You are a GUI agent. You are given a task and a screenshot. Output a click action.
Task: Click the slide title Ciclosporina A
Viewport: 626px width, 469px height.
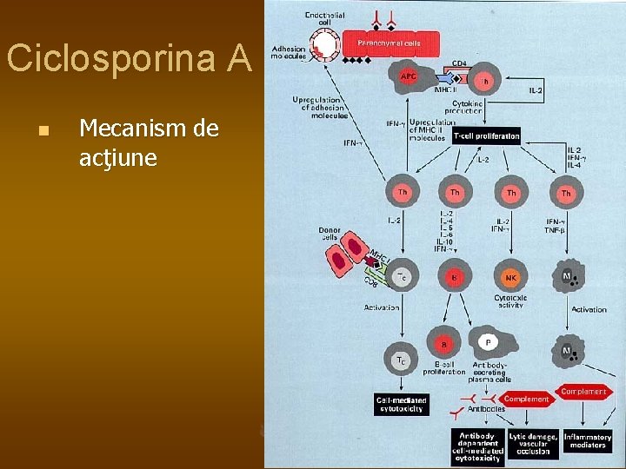[129, 59]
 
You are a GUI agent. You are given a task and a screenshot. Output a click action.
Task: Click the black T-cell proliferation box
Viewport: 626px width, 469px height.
[485, 135]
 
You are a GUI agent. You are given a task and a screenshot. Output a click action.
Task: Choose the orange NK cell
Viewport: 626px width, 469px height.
[511, 278]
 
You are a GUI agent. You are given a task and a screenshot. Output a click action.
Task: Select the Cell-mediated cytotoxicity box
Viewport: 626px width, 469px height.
[402, 405]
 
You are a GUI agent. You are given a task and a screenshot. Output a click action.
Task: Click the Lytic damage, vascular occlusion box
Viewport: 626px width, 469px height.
[533, 445]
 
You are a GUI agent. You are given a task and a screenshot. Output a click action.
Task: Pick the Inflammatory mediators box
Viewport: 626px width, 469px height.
[588, 441]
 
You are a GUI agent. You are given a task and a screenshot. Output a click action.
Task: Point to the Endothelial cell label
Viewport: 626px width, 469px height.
[324, 18]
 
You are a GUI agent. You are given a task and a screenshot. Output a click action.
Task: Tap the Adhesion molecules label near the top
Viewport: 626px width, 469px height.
[288, 54]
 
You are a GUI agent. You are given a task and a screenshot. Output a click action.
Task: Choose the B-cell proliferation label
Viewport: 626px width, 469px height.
[444, 367]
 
